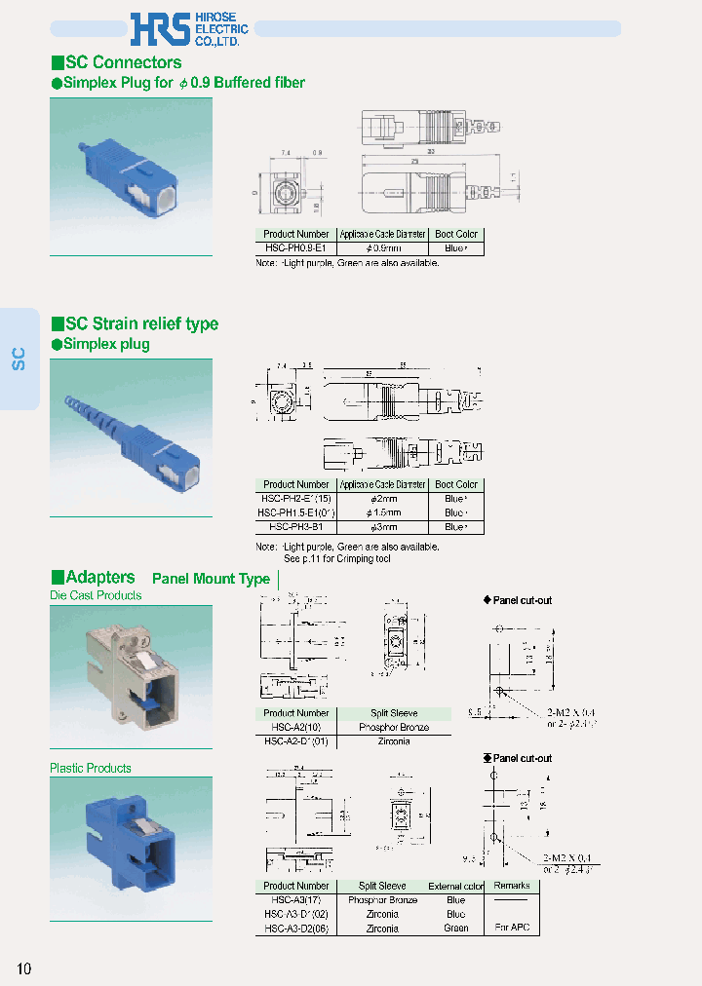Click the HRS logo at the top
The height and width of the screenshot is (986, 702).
point(162,29)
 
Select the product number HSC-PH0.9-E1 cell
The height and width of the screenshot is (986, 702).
point(295,248)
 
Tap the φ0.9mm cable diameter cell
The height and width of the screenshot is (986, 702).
point(382,248)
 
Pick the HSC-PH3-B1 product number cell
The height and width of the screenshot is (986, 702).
point(295,526)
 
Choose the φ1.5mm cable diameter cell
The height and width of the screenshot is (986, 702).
point(382,512)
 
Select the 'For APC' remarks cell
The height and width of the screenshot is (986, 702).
point(512,928)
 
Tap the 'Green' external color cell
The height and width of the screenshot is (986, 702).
point(455,928)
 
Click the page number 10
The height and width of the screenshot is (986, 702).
point(24,968)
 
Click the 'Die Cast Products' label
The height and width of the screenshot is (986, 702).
point(96,595)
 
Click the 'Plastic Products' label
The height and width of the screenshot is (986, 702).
point(90,769)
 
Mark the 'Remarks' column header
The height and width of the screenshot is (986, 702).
point(512,886)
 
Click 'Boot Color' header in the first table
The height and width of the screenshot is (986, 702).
point(456,235)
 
